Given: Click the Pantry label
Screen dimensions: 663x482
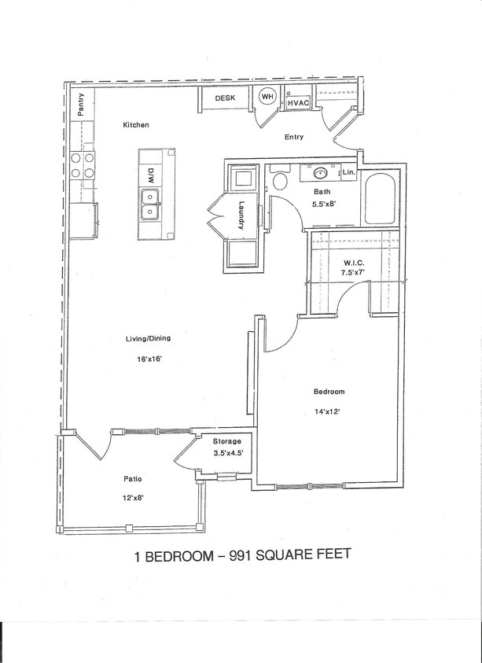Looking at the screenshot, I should point(81,103).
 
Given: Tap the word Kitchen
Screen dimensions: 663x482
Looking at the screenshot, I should point(135,125).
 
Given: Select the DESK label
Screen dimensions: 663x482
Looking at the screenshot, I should point(225,98).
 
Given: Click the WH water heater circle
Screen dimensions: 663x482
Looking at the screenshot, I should point(267,98).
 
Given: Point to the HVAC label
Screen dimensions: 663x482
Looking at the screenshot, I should point(298,103).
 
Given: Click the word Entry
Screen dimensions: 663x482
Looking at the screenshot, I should point(293,137).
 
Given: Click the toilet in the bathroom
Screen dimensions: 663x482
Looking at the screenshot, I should point(278,181).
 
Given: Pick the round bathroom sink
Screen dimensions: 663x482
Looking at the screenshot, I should point(322,171).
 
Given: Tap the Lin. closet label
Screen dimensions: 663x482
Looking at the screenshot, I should point(350,171).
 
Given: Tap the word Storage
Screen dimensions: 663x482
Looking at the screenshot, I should point(227,441).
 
